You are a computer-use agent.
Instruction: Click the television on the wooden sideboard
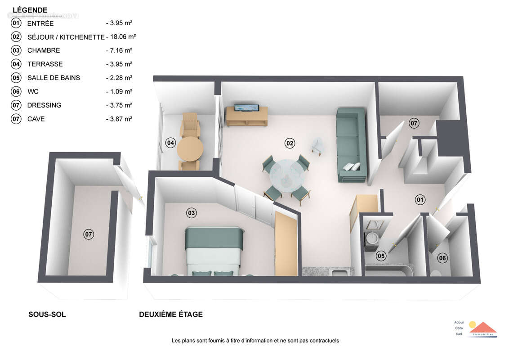point(246,108)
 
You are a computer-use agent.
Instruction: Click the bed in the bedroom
point(214,251)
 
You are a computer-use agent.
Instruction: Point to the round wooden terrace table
point(190,148)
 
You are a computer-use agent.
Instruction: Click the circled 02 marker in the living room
point(290,143)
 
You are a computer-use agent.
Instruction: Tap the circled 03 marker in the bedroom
point(192,213)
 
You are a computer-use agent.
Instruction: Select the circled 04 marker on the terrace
point(170,143)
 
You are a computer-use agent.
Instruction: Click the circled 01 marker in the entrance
point(420,199)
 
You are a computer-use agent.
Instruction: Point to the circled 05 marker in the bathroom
point(381,256)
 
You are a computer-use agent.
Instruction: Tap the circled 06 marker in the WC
point(443,258)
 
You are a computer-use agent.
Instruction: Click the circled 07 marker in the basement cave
point(89,234)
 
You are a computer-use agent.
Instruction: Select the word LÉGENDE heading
point(30,10)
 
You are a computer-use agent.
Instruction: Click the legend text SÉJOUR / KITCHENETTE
point(66,37)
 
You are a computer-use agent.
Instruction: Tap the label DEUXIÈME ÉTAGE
point(171,315)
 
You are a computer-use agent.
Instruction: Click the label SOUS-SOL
point(47,315)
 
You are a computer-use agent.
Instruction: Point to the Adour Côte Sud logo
point(477,328)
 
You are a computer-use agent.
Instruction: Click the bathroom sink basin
point(372,237)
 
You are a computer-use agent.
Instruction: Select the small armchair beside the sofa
point(317,145)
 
